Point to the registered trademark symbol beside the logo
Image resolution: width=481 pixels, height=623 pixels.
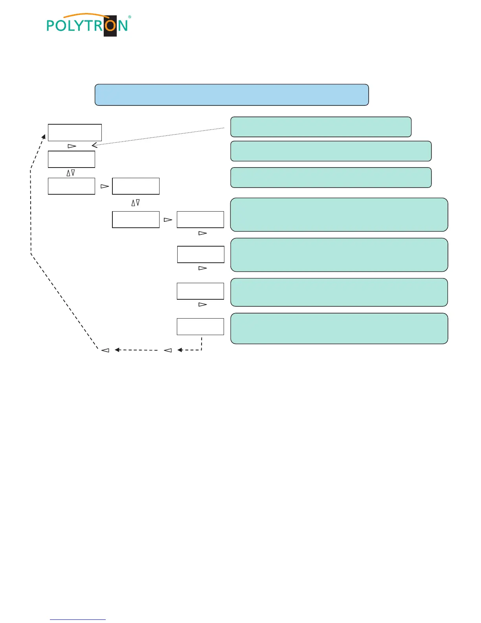(130, 17)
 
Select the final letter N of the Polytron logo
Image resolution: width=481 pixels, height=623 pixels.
(123, 26)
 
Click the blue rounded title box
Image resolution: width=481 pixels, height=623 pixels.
(231, 95)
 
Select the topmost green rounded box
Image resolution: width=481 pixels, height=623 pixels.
(321, 127)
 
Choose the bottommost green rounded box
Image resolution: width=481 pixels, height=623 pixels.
(339, 328)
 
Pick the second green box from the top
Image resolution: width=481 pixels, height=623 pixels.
(331, 151)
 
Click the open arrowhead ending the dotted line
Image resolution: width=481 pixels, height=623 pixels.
(94, 145)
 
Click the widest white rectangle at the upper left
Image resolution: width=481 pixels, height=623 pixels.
(75, 133)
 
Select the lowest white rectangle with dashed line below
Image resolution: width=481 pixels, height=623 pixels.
(200, 326)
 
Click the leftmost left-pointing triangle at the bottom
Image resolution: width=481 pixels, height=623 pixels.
(105, 350)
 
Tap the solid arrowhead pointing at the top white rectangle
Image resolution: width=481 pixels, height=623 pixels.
(44, 136)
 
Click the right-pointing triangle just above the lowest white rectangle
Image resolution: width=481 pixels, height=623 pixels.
(202, 304)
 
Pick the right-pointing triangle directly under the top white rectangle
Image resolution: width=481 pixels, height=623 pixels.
(72, 146)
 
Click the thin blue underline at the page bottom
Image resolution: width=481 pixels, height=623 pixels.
(78, 619)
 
